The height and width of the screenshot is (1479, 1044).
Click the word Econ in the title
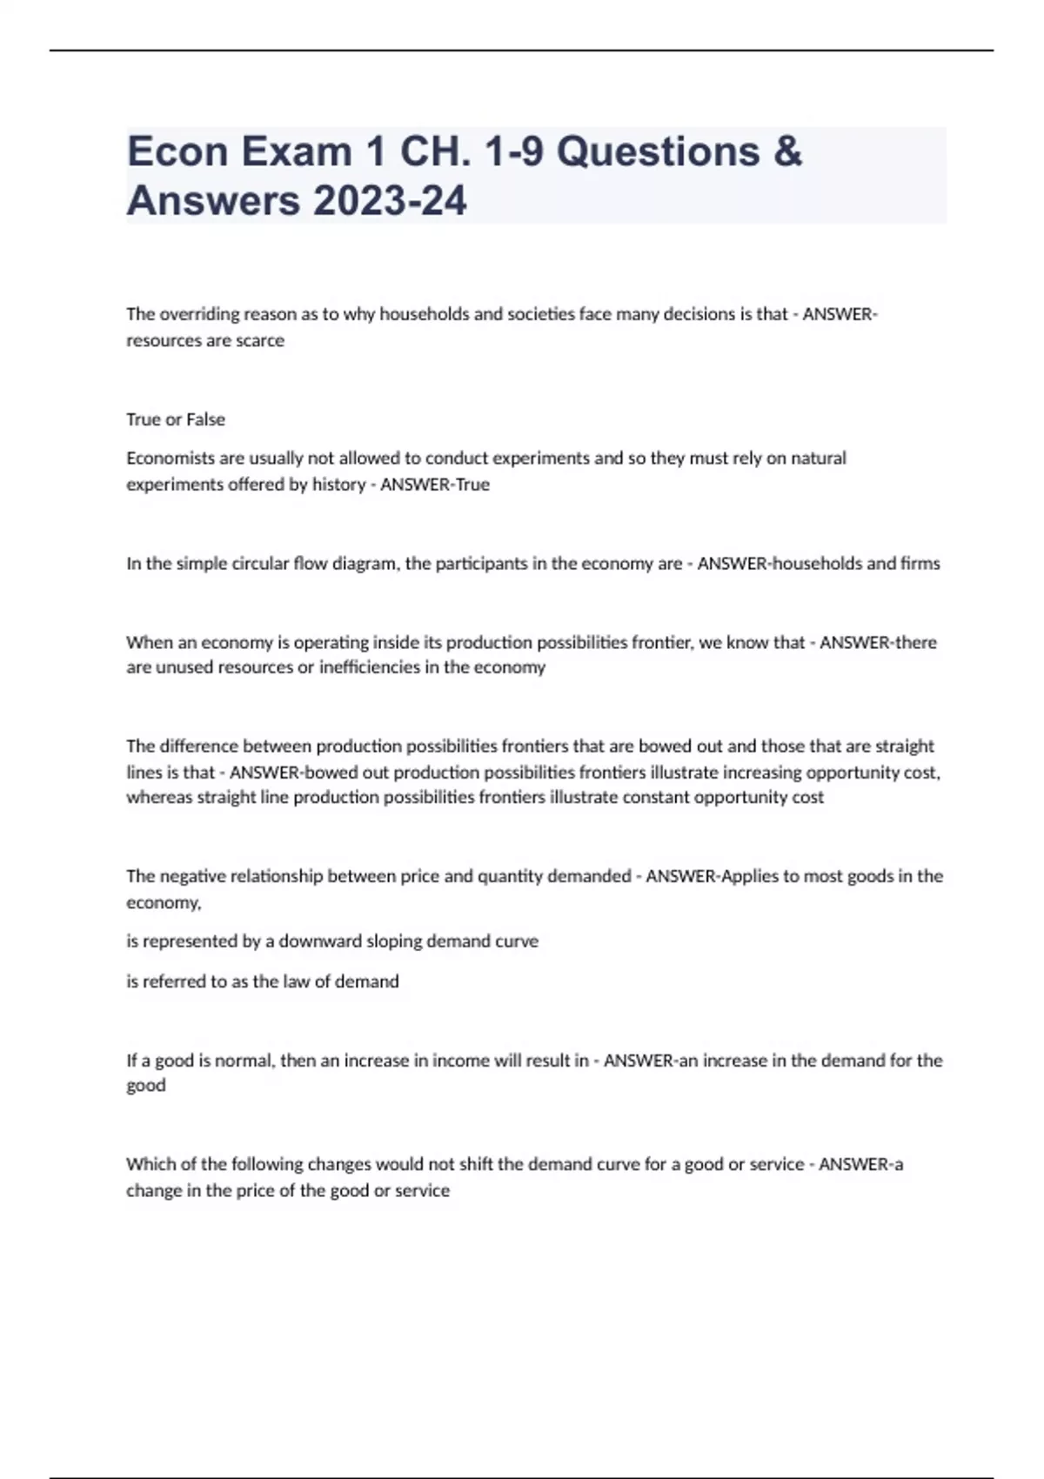tap(177, 151)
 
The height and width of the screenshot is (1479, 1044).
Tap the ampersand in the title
tap(786, 151)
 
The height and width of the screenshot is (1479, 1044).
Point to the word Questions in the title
tap(658, 151)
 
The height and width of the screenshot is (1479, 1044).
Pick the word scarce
tap(260, 340)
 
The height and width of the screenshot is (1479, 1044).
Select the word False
tap(205, 419)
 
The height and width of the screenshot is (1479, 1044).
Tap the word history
tap(338, 485)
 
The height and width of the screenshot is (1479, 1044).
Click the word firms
tap(920, 564)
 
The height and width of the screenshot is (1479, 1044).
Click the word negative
tap(197, 876)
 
